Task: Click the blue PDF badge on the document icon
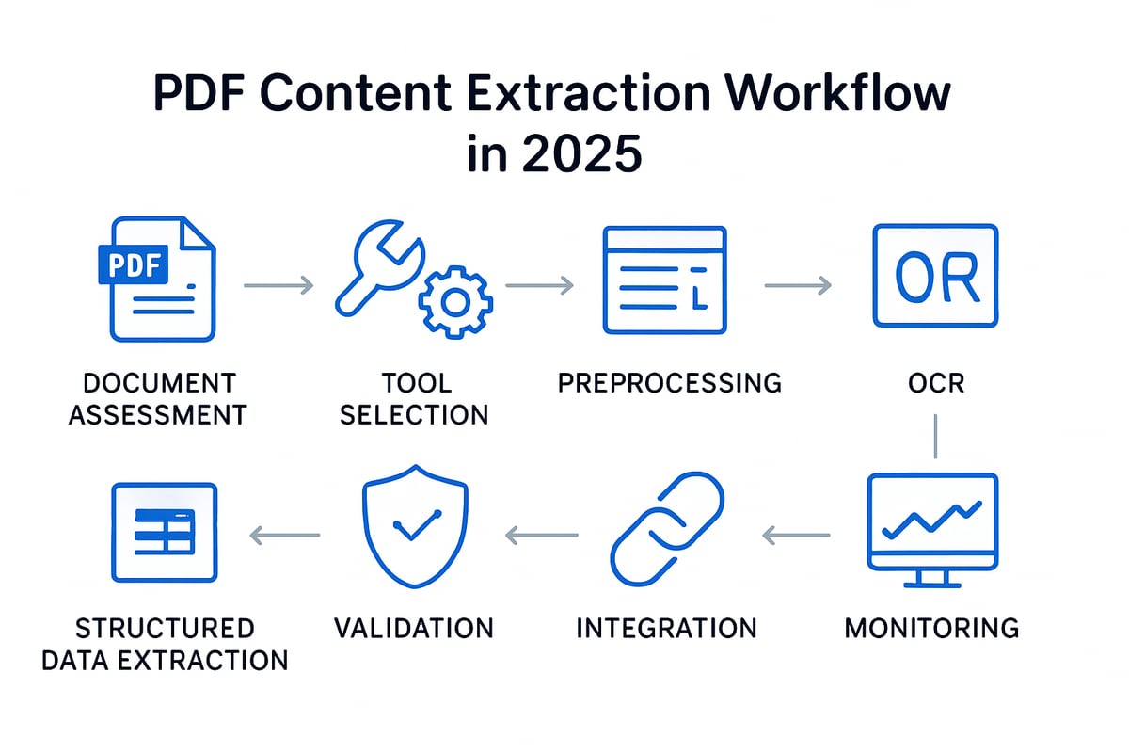point(133,264)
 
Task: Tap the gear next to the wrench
point(455,302)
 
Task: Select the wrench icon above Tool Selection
point(380,268)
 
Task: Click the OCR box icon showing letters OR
point(935,276)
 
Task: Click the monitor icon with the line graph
point(932,530)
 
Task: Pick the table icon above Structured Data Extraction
point(165,533)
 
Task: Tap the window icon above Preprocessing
point(665,280)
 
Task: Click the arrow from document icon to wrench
point(278,285)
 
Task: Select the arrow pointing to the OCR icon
point(799,285)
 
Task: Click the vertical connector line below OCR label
point(935,436)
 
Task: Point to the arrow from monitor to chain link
point(796,536)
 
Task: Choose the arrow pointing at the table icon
point(285,536)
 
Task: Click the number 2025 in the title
point(581,153)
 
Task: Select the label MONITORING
point(932,629)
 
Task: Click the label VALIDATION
point(414,629)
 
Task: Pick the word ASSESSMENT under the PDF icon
point(158,415)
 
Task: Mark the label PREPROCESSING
point(670,383)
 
